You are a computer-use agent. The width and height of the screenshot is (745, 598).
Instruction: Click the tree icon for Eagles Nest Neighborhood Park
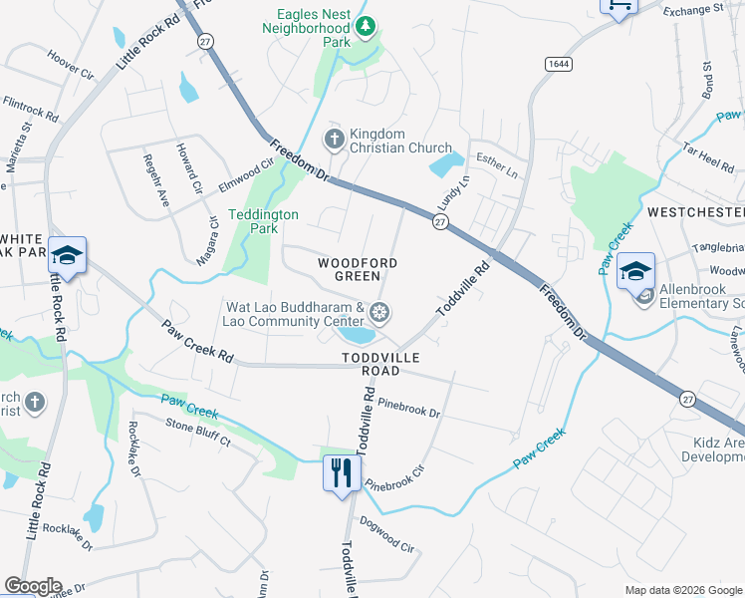(366, 26)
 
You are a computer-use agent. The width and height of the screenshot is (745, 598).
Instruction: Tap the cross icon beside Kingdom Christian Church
(336, 141)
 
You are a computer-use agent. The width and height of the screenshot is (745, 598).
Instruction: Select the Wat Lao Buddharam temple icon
(378, 314)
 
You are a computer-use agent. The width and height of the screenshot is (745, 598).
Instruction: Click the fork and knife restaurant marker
(341, 471)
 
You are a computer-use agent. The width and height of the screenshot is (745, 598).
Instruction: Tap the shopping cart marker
(618, 5)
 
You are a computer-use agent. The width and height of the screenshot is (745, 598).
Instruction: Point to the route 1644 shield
(558, 63)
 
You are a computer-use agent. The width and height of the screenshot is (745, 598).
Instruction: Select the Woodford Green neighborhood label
(358, 269)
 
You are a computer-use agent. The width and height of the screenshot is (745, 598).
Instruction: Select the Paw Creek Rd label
(198, 341)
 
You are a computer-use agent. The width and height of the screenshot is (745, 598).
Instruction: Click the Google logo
(34, 586)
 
